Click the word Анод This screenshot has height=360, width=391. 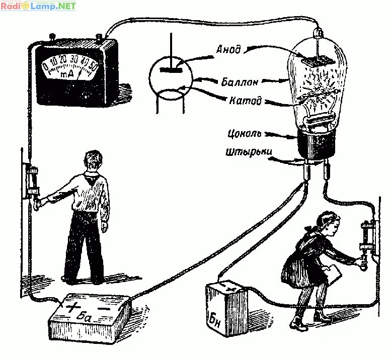click(229, 50)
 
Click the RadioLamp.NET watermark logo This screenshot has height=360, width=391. click(38, 7)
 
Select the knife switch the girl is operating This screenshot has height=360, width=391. click(365, 241)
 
